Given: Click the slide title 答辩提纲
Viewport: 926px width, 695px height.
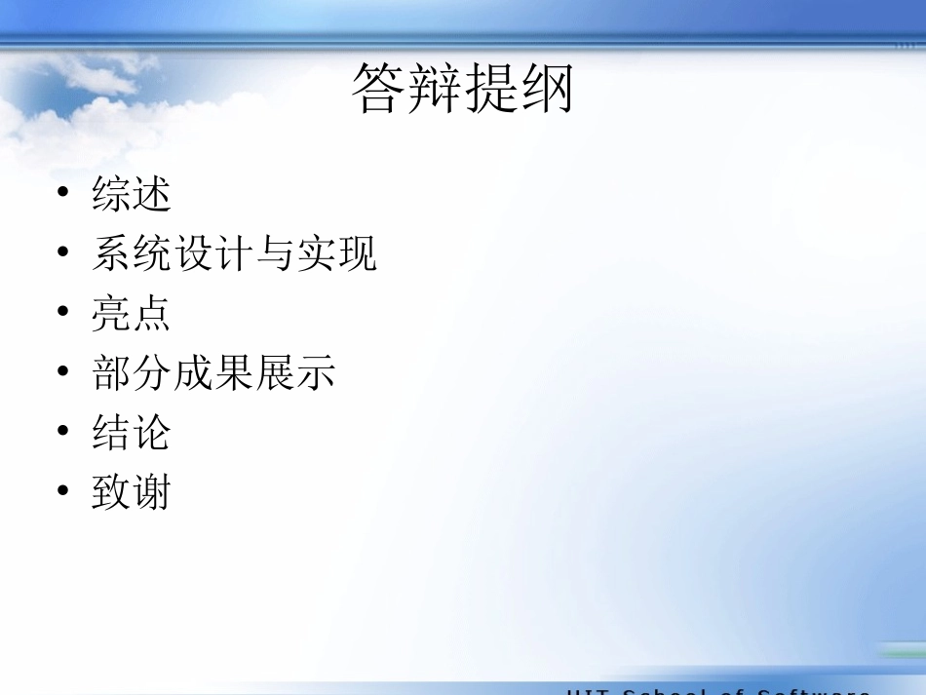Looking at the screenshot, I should point(462,90).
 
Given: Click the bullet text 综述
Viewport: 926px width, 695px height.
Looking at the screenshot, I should point(132,193).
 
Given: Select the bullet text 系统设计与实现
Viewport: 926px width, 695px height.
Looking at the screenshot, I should point(234,253).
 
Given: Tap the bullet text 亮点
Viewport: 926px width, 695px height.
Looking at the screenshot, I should point(132,313).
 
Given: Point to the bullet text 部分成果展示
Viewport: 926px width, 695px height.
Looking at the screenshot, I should point(213,372).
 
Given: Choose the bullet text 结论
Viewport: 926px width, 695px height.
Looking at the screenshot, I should point(132,432).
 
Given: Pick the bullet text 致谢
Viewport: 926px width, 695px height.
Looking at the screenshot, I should point(132,492).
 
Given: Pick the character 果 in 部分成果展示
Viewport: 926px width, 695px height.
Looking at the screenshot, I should point(234,372).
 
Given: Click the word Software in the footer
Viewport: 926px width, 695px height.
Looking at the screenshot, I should point(814,691).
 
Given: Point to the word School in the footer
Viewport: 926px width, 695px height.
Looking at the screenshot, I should point(662,691).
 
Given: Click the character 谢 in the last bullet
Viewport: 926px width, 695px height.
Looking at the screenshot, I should point(152,492).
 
